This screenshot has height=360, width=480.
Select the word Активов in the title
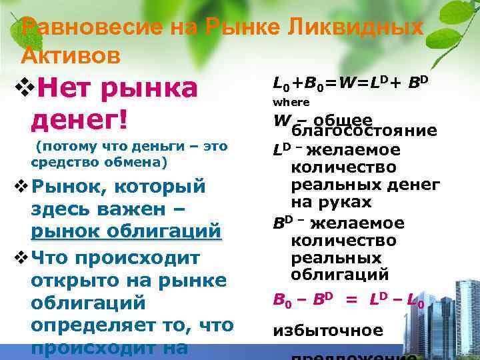(x=71, y=56)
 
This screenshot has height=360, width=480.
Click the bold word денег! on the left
(x=79, y=121)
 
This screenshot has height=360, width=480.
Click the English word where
(x=291, y=102)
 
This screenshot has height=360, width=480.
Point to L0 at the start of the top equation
(x=281, y=83)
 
